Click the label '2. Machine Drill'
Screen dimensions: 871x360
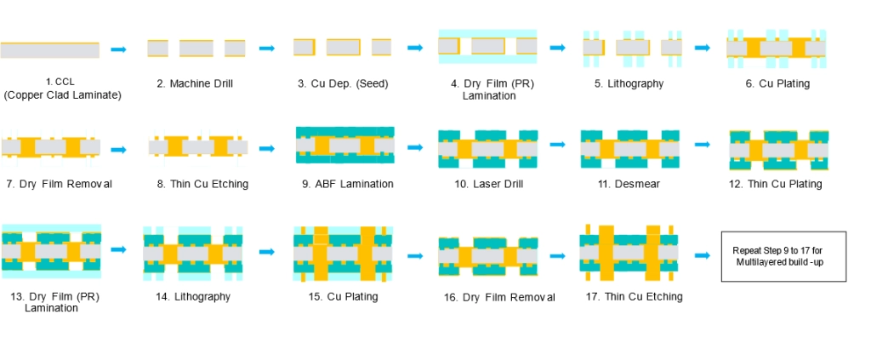(x=195, y=84)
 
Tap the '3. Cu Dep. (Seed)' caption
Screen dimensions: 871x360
(x=343, y=84)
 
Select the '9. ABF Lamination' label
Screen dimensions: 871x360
(x=348, y=184)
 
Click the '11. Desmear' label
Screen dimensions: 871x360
(x=629, y=184)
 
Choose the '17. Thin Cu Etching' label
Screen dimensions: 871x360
(x=634, y=297)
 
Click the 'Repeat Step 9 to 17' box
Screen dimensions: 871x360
(x=783, y=257)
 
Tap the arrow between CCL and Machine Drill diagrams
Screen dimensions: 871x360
(x=119, y=49)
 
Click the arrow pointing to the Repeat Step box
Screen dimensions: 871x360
(x=703, y=255)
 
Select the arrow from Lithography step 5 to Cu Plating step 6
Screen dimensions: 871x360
(x=703, y=48)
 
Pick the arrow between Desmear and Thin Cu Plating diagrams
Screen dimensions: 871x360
(x=703, y=145)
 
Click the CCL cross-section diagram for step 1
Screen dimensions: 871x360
(x=50, y=50)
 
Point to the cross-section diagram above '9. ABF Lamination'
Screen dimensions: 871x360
(x=345, y=145)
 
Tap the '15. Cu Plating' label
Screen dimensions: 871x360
(x=343, y=297)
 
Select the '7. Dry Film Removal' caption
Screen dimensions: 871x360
(x=59, y=184)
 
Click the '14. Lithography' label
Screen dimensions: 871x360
(x=193, y=297)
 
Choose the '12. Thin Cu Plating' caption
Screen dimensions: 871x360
(x=776, y=184)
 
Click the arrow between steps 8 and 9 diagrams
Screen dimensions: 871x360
(x=267, y=149)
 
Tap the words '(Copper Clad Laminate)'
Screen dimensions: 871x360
(x=62, y=95)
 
